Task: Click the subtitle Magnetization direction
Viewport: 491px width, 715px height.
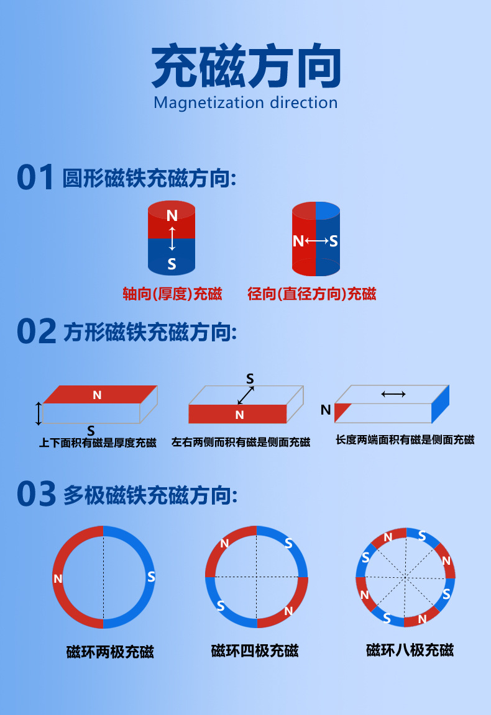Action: coord(245,102)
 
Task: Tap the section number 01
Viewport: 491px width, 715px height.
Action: coord(35,178)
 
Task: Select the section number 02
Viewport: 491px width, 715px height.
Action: coord(36,332)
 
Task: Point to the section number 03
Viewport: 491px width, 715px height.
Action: coord(36,495)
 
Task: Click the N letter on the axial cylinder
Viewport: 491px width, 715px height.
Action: coord(172,215)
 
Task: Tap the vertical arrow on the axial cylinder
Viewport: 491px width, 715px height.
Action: coord(172,239)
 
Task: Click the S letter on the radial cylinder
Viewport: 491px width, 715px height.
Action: coord(334,241)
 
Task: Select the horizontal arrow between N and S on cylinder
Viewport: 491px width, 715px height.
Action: coord(316,241)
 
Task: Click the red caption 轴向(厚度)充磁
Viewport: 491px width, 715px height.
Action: coord(172,294)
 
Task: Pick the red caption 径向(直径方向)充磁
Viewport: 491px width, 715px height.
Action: coord(312,294)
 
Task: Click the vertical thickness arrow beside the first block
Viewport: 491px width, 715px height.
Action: coord(39,413)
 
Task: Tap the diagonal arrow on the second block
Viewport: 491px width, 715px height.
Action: coord(245,395)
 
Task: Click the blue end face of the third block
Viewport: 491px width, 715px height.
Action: coord(440,404)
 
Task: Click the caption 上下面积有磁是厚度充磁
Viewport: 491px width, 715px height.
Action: coord(98,443)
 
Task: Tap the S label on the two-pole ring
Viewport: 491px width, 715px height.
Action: coord(151,577)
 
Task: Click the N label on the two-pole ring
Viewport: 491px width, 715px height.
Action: coord(58,578)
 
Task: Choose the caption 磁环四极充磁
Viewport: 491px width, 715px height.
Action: coord(255,650)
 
